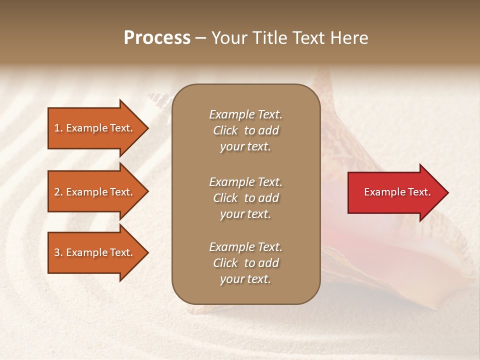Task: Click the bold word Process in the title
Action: click(x=157, y=38)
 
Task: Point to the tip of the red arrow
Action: click(x=447, y=192)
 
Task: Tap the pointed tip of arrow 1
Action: click(x=147, y=128)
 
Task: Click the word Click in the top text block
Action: click(x=225, y=130)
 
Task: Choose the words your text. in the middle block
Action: click(x=245, y=214)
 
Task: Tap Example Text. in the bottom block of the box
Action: click(x=245, y=247)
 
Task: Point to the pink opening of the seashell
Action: click(x=365, y=250)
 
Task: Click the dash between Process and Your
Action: click(x=200, y=38)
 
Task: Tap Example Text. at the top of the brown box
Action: click(x=245, y=114)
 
